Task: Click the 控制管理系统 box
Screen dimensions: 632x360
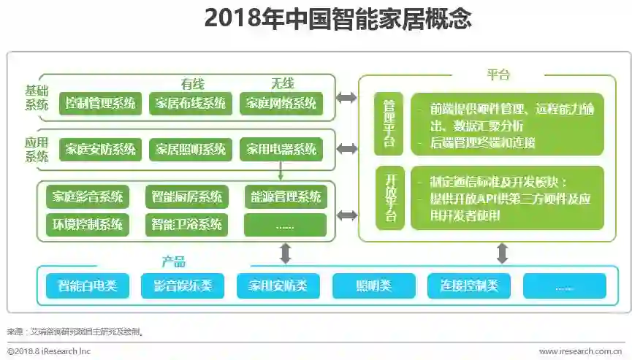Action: [x=100, y=103]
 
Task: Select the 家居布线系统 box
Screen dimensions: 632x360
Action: [x=191, y=103]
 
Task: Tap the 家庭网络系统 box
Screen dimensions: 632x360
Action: [x=281, y=103]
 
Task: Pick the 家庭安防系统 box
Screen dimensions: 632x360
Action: [x=100, y=150]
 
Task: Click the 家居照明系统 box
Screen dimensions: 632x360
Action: [x=191, y=150]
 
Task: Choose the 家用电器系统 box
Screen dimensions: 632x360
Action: [x=281, y=150]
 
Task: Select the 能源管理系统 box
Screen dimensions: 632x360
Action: [x=286, y=196]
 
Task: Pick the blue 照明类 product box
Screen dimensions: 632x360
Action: [x=373, y=286]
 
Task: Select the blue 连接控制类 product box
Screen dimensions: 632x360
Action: [x=469, y=286]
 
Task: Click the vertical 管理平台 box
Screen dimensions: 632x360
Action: [x=389, y=123]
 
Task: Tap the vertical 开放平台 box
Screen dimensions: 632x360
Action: [x=389, y=198]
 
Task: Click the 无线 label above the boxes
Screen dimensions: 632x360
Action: [x=283, y=84]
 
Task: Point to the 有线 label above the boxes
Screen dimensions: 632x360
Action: [x=193, y=84]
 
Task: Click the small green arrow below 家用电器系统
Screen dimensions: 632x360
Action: [x=281, y=172]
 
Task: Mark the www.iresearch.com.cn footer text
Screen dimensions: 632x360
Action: [x=580, y=351]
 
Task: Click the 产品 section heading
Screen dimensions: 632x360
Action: [x=174, y=262]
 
